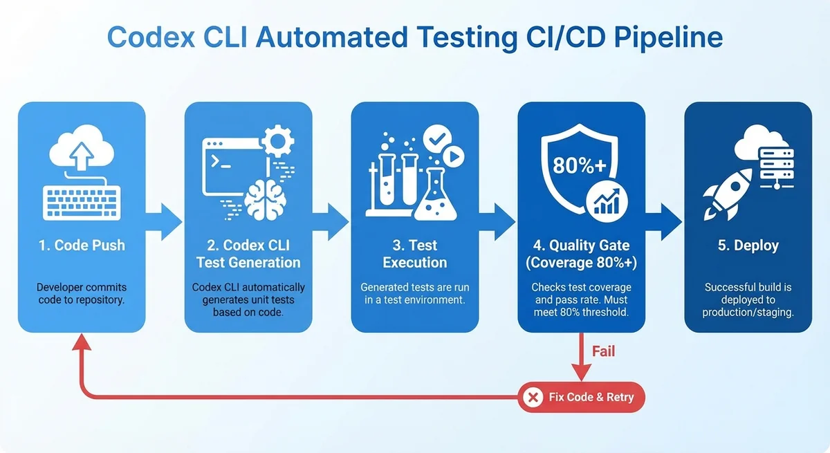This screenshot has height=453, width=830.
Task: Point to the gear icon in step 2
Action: click(x=279, y=142)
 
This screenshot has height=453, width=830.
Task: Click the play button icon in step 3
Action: click(x=453, y=158)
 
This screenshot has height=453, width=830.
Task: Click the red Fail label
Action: click(x=603, y=352)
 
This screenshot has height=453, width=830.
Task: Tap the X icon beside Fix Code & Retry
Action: click(x=533, y=397)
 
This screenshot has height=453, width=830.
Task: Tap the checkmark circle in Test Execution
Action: click(x=435, y=138)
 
